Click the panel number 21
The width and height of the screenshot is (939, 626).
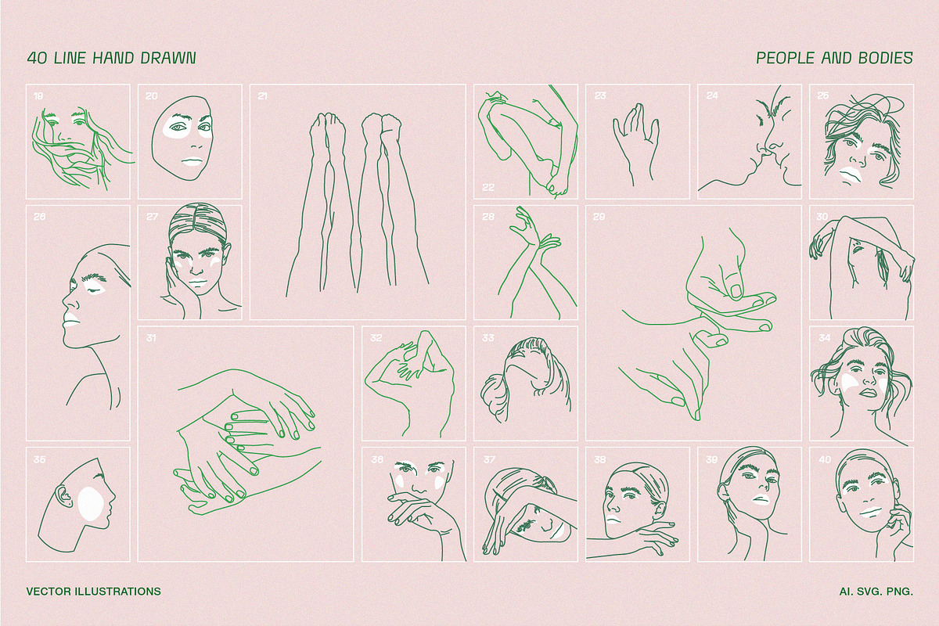pos(263,96)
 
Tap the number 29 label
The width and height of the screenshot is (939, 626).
pos(599,217)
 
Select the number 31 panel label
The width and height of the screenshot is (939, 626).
pos(151,337)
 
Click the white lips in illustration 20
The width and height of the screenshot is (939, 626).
pos(194,161)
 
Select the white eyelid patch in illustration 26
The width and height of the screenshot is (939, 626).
pos(96,289)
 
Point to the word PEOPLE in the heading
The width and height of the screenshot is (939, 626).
pos(785,58)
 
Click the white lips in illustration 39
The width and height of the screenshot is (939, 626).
pos(760,500)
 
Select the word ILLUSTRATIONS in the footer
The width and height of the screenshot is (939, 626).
pos(118,592)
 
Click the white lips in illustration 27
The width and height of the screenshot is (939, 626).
pos(198,282)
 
